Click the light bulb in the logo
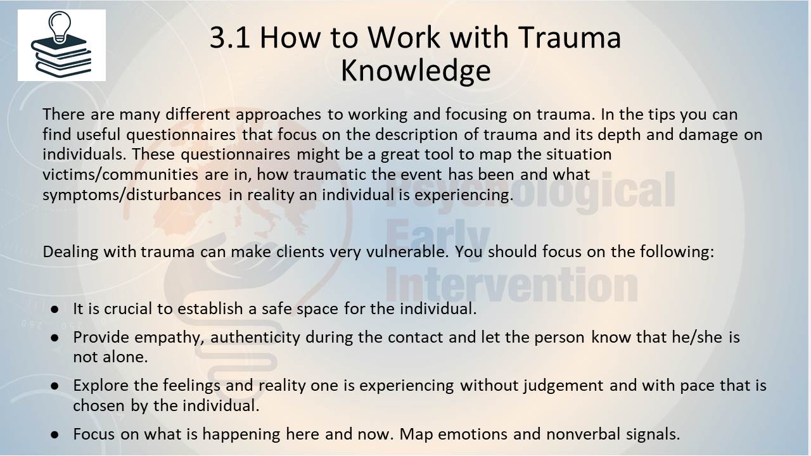(x=60, y=26)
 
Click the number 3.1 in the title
(x=229, y=37)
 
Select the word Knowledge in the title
(x=416, y=70)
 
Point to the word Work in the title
(x=404, y=37)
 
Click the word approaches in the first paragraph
(x=278, y=115)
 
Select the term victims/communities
(x=120, y=174)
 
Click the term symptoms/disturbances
(x=132, y=195)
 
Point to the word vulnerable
(x=407, y=251)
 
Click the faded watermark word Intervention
(x=511, y=284)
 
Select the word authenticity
(x=255, y=338)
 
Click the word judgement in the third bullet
(x=564, y=386)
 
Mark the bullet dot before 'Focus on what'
(x=55, y=434)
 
